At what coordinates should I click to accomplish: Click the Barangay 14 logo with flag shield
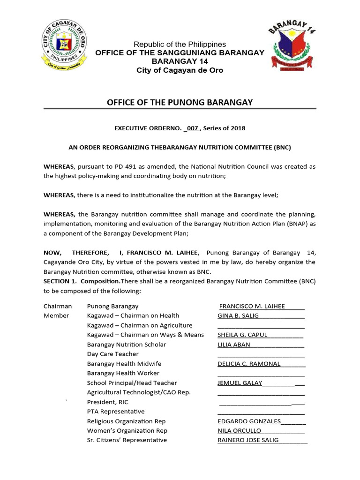click(x=292, y=45)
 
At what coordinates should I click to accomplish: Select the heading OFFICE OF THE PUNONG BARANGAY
click(x=180, y=103)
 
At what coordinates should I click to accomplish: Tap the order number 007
click(x=193, y=128)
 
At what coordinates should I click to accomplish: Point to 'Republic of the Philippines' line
click(x=180, y=44)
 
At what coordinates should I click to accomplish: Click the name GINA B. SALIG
click(x=238, y=315)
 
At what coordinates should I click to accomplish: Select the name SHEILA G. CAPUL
click(x=242, y=335)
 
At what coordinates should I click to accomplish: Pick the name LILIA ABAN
click(x=234, y=345)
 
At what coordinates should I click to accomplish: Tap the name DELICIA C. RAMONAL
click(x=249, y=364)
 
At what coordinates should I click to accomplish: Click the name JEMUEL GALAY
click(x=240, y=383)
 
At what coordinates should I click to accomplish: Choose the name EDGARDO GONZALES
click(x=249, y=421)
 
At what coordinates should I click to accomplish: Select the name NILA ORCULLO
click(x=240, y=431)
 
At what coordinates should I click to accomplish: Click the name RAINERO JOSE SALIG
click(x=248, y=440)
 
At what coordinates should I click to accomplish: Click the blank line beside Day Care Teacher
click(x=261, y=356)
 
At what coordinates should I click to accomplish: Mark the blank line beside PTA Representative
click(x=261, y=413)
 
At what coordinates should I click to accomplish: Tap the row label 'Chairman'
click(x=58, y=306)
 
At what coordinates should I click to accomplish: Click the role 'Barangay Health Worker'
click(x=123, y=373)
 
